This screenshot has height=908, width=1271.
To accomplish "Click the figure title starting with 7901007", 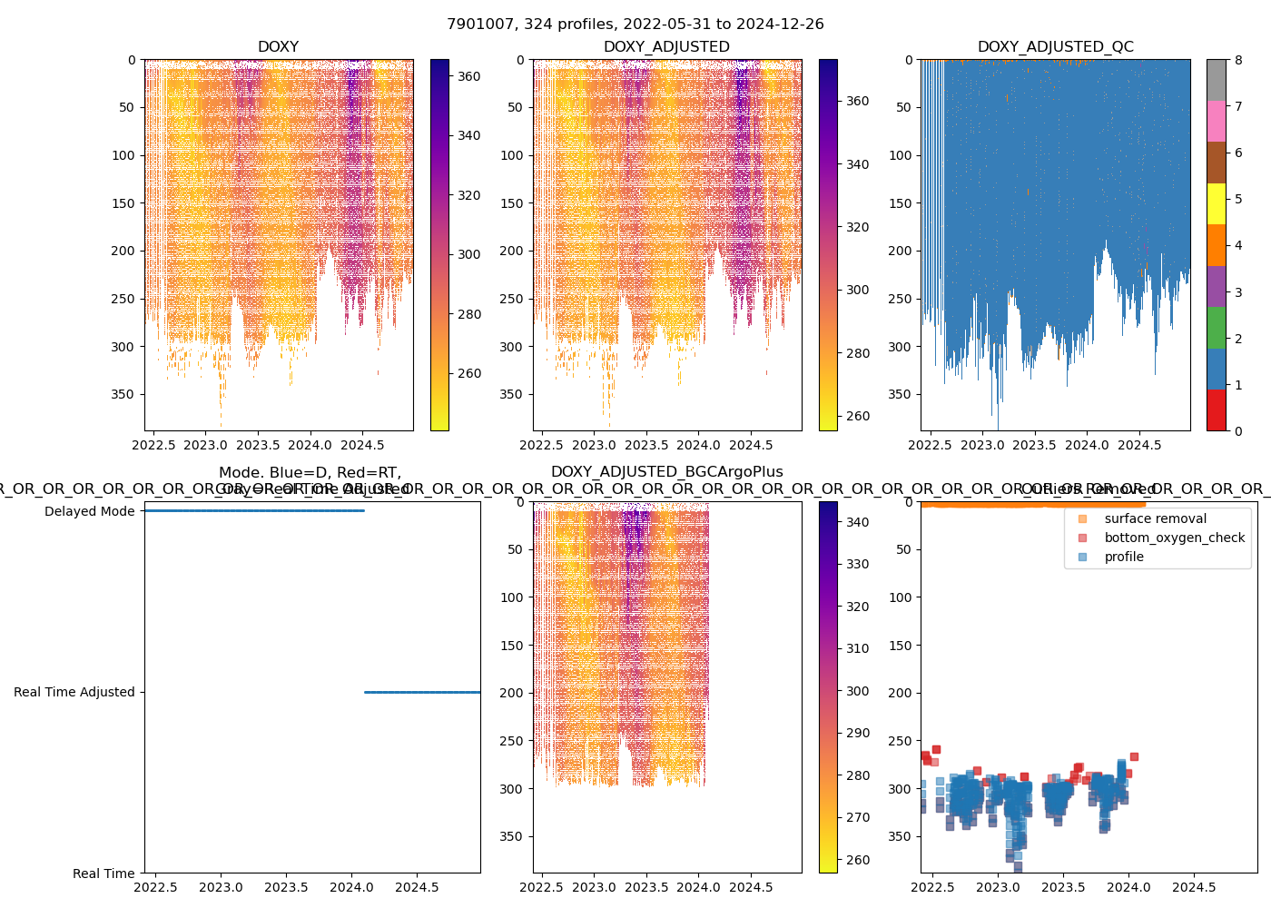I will coord(635,25).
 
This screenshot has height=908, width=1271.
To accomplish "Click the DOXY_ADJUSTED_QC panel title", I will coord(1055,47).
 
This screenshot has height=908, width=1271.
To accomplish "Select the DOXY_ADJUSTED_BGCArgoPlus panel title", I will coord(666,472).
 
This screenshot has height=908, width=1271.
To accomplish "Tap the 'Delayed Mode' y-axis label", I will coord(89,511).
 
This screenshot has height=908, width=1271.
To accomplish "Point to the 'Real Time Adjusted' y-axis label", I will coord(74,692).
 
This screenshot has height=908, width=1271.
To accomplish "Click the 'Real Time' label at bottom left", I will coord(103,873).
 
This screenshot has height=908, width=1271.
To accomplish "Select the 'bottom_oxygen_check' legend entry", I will coord(1174,538).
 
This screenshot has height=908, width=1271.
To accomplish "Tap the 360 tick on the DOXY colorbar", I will coord(468,76).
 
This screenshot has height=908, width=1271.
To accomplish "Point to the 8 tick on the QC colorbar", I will coord(1238,60).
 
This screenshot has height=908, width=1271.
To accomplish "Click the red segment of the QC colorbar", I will coord(1216,410).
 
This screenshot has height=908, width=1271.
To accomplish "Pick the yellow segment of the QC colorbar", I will coord(1216,203).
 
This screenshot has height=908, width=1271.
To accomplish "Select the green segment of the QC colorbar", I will coord(1216,328).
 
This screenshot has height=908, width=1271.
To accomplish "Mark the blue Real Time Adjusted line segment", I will coord(422,692).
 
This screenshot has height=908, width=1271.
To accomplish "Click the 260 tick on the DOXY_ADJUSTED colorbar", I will coord(857,416).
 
